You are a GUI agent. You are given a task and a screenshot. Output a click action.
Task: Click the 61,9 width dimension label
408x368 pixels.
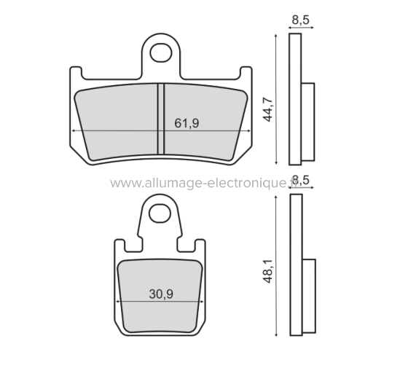point(187,122)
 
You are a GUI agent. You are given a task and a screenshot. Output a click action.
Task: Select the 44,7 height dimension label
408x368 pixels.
point(267,107)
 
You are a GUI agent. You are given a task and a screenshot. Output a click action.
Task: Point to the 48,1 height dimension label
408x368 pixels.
point(267,273)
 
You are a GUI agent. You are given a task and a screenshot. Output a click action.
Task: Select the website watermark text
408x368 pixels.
point(197,184)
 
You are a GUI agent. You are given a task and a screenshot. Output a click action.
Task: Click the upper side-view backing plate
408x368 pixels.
point(295,98)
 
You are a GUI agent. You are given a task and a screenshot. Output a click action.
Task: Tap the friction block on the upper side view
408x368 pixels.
point(307,121)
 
